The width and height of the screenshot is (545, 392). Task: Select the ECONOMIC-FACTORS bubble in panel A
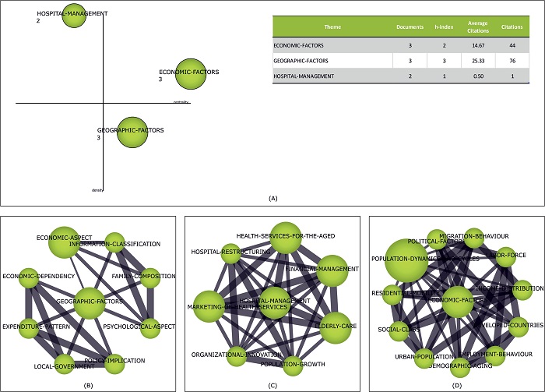[190, 74]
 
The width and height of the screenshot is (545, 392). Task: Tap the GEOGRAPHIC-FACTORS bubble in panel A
[131, 132]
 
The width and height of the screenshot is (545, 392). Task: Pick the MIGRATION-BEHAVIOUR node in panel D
[474, 237]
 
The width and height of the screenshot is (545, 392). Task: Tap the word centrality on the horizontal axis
[181, 101]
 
